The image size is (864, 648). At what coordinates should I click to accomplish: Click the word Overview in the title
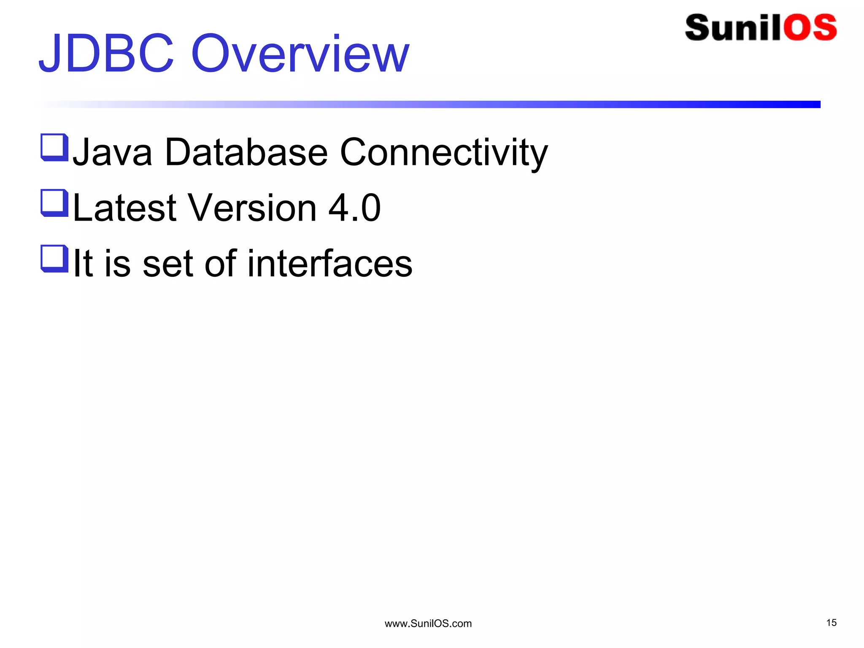(300, 54)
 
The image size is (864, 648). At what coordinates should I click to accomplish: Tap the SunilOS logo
(761, 28)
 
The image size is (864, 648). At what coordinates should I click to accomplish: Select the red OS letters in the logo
(810, 28)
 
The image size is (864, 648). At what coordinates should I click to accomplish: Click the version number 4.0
(354, 208)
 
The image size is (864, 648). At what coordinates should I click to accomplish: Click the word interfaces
(329, 263)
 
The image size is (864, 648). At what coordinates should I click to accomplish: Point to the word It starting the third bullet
(83, 263)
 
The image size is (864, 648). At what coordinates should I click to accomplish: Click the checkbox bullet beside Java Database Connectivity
(54, 147)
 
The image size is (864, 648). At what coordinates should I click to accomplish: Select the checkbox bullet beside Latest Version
(54, 203)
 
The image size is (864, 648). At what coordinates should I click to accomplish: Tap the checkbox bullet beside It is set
(54, 259)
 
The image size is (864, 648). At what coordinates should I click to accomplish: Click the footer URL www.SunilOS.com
(428, 624)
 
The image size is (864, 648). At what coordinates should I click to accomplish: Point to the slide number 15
(831, 623)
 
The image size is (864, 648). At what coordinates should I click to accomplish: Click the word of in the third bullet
(220, 263)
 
